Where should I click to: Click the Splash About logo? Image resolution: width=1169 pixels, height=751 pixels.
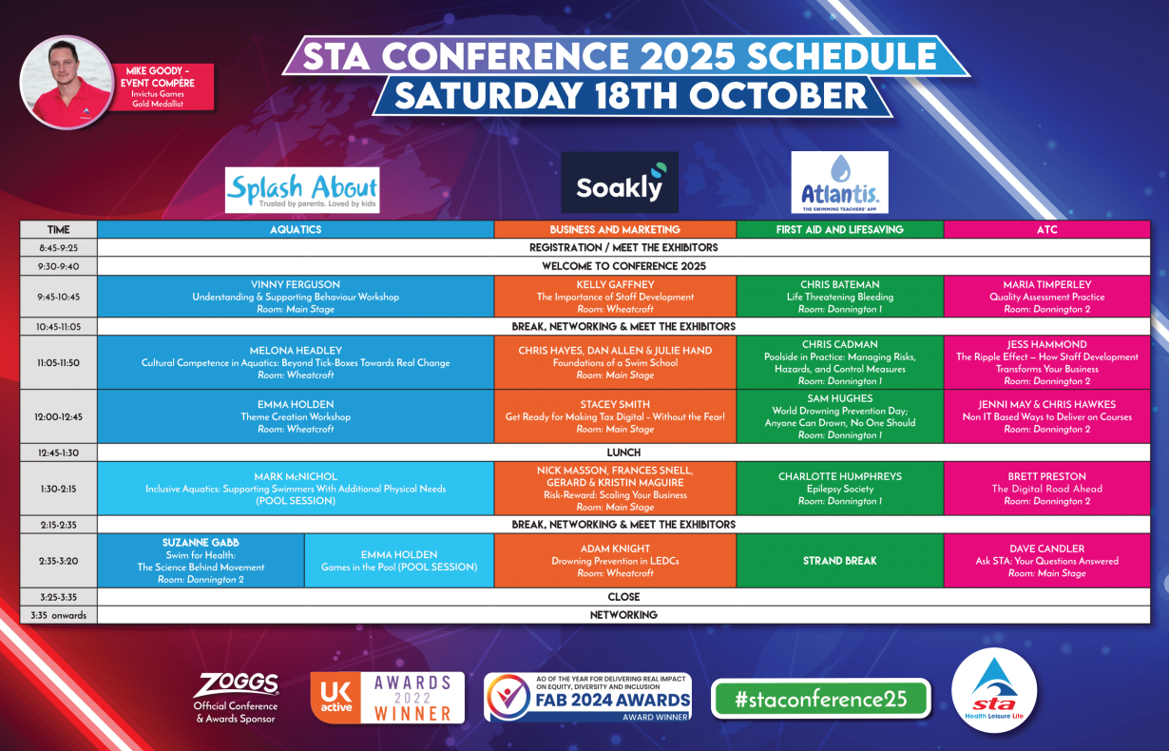(302, 190)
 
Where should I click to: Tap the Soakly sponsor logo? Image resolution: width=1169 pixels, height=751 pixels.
(620, 183)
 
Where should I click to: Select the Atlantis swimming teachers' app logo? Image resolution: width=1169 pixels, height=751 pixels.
(840, 183)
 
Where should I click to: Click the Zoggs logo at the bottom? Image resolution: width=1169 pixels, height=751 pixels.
(236, 699)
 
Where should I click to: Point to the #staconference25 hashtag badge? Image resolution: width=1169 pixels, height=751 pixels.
(821, 699)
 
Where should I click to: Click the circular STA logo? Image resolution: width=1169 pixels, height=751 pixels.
(994, 690)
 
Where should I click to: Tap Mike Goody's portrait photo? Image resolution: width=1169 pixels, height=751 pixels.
(67, 82)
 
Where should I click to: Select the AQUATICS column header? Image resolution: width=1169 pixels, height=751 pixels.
(296, 230)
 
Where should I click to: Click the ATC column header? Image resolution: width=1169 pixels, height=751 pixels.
(1047, 230)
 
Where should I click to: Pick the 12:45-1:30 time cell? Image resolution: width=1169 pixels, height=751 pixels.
(59, 453)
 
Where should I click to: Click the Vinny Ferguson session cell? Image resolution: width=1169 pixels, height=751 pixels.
(296, 297)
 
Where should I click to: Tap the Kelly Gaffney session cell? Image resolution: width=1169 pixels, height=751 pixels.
(615, 297)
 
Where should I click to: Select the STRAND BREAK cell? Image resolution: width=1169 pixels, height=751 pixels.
(840, 561)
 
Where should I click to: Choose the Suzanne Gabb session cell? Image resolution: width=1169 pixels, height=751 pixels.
(201, 561)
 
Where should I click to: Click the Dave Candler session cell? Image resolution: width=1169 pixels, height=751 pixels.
(1047, 561)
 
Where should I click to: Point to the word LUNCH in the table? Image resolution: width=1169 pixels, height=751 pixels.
(623, 453)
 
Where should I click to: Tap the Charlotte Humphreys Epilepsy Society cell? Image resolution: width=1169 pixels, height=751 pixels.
(840, 489)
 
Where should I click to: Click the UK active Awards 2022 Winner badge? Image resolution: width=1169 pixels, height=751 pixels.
(387, 698)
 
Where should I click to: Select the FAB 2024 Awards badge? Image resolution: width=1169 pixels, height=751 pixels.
(587, 697)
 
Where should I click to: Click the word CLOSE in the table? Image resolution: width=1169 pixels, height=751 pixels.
(623, 596)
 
